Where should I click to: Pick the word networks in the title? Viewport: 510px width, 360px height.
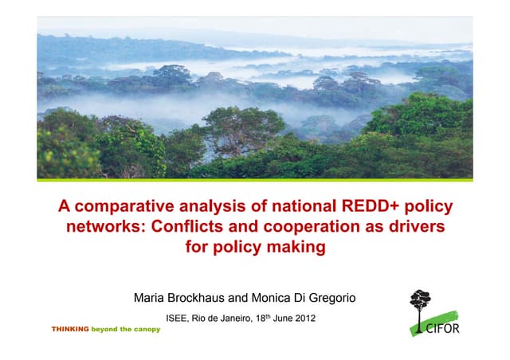pos(98,227)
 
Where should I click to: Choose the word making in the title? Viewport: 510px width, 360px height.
pos(296,247)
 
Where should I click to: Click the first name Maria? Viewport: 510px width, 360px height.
pos(152,299)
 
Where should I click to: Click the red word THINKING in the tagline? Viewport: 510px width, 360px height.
pos(69,329)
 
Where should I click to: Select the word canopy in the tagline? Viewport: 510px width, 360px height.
pos(145,329)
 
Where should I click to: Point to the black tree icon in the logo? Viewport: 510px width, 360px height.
pos(420,303)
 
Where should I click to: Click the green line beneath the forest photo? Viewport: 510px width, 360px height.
pos(255,180)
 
